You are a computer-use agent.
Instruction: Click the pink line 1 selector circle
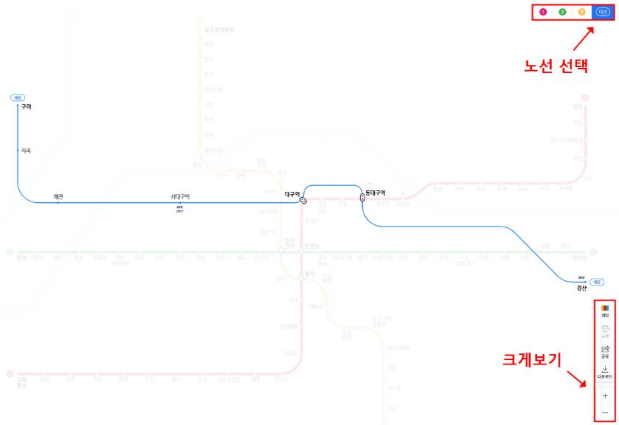point(543,12)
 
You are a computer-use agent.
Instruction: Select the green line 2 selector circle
point(562,12)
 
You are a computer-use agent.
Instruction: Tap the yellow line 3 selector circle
point(582,12)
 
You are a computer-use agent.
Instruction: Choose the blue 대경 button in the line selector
point(602,12)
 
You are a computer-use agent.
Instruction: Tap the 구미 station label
point(27,107)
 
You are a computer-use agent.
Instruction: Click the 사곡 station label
point(27,151)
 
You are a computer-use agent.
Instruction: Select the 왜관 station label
point(58,196)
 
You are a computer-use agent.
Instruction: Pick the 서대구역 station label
point(180,196)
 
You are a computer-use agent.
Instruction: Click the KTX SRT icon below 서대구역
point(179,209)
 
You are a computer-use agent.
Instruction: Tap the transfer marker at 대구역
point(303,200)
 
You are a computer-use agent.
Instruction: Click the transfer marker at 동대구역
point(362,197)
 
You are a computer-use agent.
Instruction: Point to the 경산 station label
point(581,288)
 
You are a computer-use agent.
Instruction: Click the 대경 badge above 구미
point(18,97)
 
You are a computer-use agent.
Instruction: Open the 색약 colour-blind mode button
point(605,311)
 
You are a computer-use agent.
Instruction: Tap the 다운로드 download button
point(605,371)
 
